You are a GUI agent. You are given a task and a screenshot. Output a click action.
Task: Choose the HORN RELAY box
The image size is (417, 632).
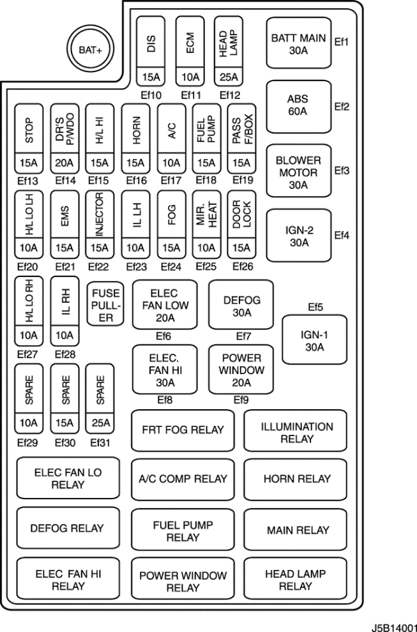point(297,478)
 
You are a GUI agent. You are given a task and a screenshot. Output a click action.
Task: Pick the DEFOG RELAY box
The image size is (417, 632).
point(67,529)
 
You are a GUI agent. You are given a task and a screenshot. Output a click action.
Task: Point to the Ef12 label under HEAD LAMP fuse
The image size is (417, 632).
point(228,95)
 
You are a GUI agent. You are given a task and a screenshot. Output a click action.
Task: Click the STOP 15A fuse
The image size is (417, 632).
point(29,139)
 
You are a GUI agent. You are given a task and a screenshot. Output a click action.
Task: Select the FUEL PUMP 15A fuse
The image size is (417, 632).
point(206,139)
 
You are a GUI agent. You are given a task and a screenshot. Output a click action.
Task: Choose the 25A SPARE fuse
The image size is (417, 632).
point(100,397)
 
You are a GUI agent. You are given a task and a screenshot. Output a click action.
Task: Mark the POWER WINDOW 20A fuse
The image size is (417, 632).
point(241,369)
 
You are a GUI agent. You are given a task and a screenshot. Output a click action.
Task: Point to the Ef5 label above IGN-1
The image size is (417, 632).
point(315,307)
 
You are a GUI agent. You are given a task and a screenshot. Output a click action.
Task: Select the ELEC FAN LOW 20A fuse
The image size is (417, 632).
point(165,304)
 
